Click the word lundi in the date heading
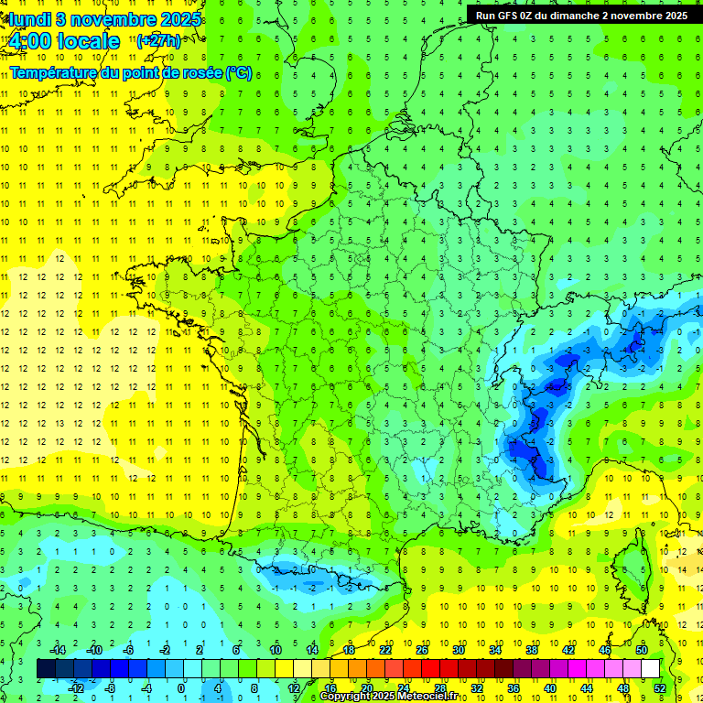(28, 19)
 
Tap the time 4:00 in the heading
(36, 41)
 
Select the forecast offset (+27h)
(158, 40)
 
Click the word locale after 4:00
(92, 41)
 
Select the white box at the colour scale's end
(650, 669)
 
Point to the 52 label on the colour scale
(659, 688)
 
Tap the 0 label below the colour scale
(180, 688)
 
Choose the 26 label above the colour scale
(421, 650)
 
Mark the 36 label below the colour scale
(513, 688)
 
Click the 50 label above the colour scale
(642, 650)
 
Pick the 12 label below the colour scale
(293, 688)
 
